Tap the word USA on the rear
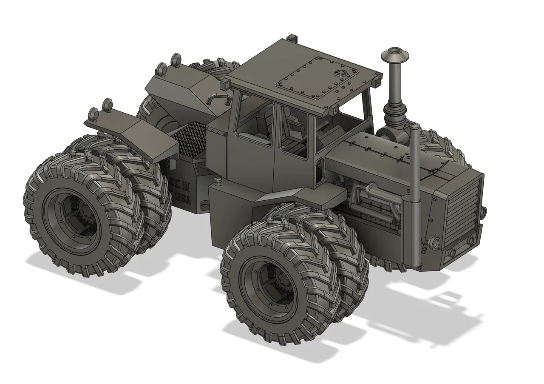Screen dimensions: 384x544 point(183,199)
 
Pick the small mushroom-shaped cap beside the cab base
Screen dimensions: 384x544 point(218,181)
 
